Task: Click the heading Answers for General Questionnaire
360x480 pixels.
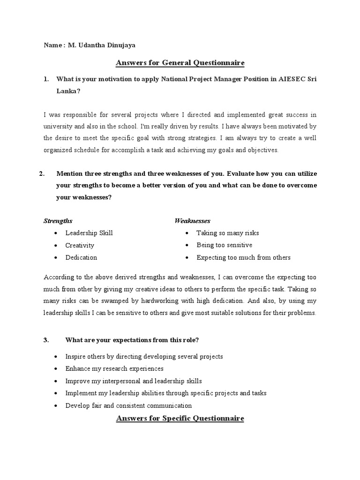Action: pos(180,63)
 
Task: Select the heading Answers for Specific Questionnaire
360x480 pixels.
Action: pos(180,418)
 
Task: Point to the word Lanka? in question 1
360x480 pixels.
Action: pos(68,91)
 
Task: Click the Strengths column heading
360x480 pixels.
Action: pos(58,221)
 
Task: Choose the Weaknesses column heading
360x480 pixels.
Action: pos(192,221)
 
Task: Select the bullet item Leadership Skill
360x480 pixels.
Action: pos(89,233)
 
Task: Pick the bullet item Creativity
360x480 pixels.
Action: pos(80,245)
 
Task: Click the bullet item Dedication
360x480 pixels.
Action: pos(81,257)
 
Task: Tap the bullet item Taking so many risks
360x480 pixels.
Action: pos(227,233)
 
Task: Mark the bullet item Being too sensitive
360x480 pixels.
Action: pos(224,245)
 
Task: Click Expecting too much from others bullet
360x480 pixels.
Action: pos(243,257)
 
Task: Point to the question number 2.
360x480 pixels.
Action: pos(42,173)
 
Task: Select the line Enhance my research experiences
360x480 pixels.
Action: pos(114,369)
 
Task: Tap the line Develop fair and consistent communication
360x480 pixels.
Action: pos(128,405)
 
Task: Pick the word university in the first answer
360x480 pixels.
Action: pos(59,127)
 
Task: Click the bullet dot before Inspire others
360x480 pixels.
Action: pos(56,357)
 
